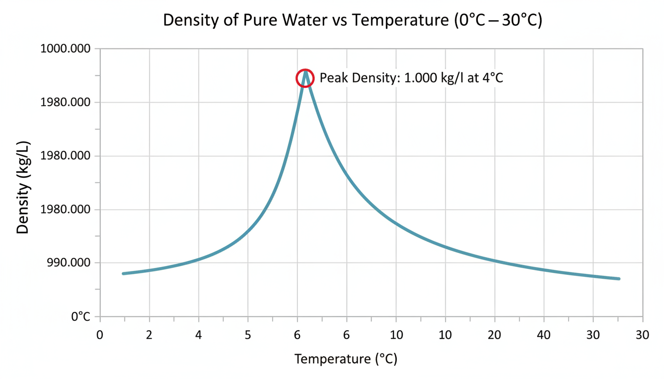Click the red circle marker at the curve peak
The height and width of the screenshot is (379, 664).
(305, 78)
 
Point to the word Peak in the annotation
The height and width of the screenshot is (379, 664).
(332, 78)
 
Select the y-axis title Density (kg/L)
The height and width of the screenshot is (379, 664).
(23, 188)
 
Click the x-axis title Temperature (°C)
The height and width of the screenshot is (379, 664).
(346, 359)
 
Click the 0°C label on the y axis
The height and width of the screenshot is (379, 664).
(81, 316)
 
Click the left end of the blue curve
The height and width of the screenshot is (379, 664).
(123, 273)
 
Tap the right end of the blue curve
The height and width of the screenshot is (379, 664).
(619, 279)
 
